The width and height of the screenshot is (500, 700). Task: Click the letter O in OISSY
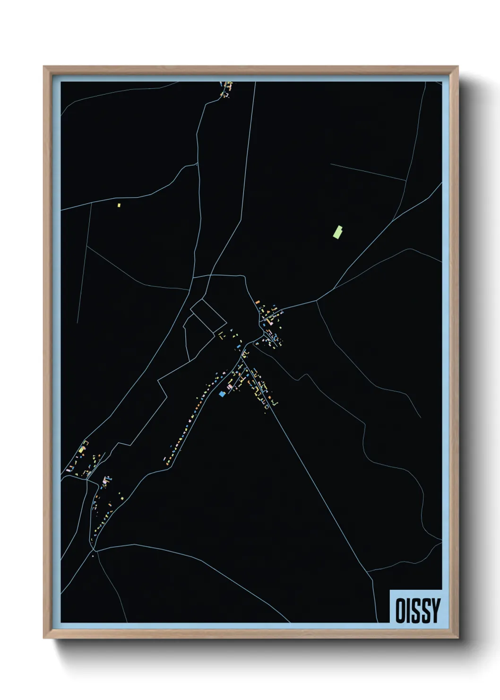click(x=400, y=611)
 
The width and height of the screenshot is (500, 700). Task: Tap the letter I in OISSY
click(x=409, y=611)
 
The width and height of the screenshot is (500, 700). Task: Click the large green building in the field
click(x=338, y=232)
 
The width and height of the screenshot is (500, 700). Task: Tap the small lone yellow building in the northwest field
click(x=119, y=205)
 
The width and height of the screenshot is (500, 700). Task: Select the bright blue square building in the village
click(x=222, y=394)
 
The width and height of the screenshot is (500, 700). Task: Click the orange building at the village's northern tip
click(x=258, y=302)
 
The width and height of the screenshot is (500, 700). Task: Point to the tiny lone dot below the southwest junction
click(x=93, y=556)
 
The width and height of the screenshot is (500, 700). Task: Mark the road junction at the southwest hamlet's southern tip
click(x=95, y=550)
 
